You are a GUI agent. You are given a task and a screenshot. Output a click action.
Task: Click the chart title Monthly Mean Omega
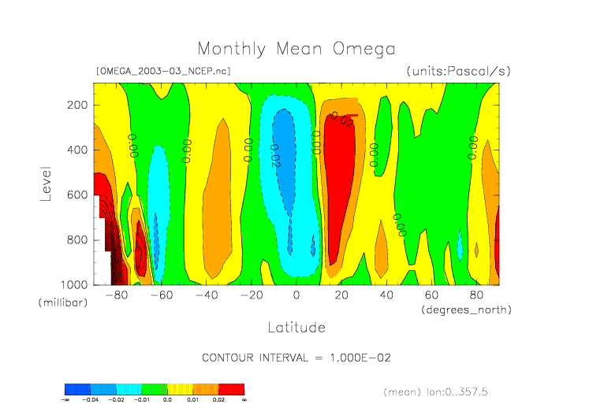coord(296,49)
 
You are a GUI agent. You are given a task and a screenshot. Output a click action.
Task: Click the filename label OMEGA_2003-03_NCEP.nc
coord(162,71)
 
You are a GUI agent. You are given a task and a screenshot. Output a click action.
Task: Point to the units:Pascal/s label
coord(459,71)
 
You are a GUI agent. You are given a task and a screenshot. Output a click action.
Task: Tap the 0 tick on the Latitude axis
coord(296,295)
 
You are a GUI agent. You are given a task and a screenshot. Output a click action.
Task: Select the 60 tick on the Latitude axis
coord(431,295)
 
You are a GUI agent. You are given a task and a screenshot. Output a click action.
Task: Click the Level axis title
coord(46,183)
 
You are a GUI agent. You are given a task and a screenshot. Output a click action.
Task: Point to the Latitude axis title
coord(296,327)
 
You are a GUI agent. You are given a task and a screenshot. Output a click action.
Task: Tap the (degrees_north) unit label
coord(466,310)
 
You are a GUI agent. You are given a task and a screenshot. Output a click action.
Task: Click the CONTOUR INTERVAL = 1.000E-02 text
coord(296,358)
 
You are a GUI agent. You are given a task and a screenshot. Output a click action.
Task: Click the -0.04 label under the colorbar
coord(91,400)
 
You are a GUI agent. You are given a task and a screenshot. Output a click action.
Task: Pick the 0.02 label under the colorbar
coord(218,400)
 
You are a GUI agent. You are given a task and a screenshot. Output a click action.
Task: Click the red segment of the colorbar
coord(231,389)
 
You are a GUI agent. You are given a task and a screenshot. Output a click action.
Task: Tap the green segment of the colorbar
coord(155,389)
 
